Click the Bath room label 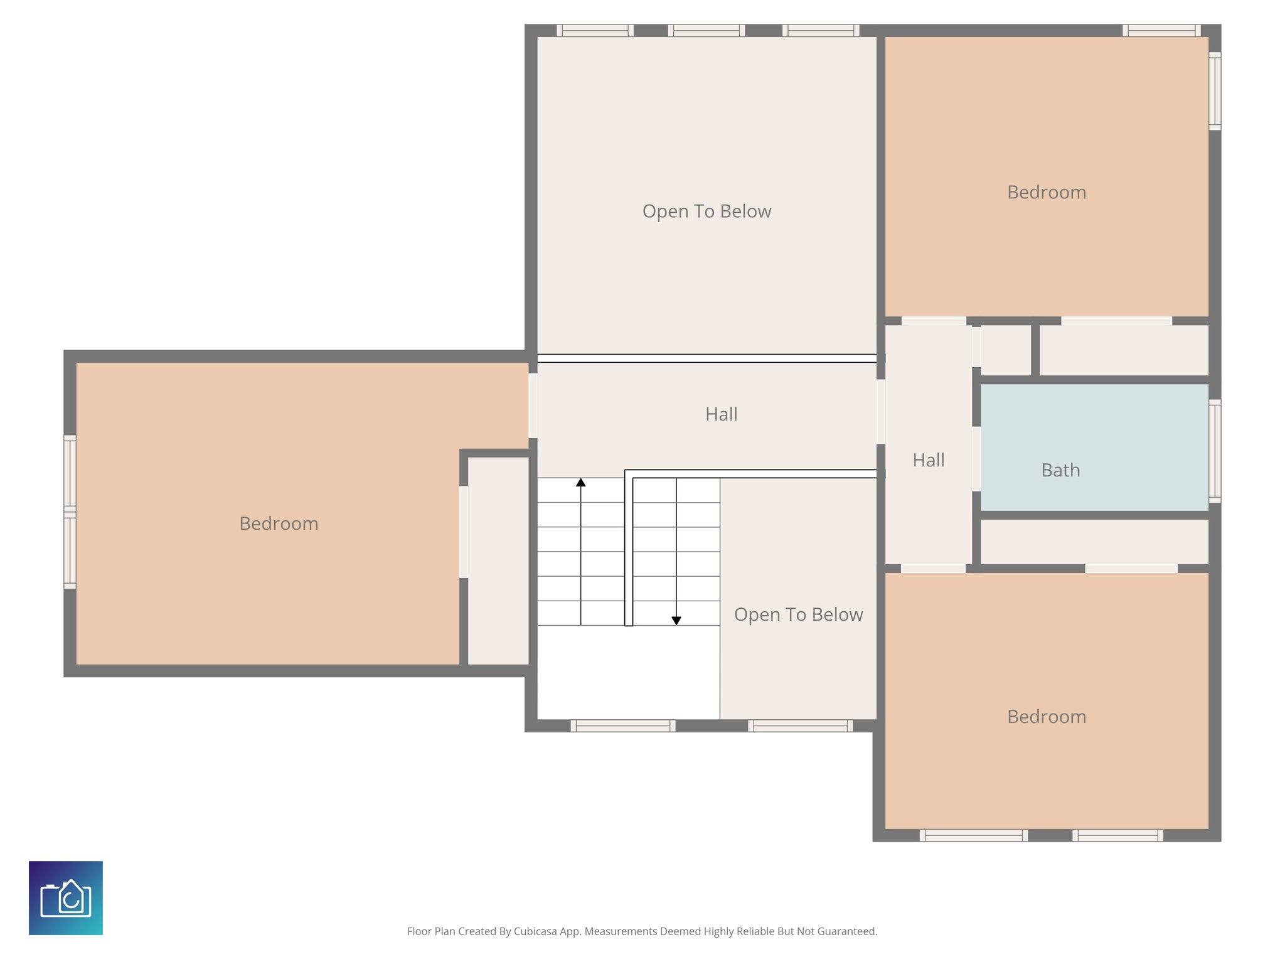[x=1060, y=470]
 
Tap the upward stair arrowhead [x=581, y=482]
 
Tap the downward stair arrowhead [x=676, y=621]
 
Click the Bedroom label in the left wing [x=279, y=523]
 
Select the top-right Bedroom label [x=1047, y=192]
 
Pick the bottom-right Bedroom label [x=1047, y=717]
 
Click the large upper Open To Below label [x=706, y=212]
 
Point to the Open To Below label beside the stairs [x=798, y=614]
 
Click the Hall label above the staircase [x=721, y=414]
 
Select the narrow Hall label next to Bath [x=928, y=460]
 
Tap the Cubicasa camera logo [x=66, y=897]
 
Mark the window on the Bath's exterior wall [x=1215, y=451]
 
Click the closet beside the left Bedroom [x=498, y=560]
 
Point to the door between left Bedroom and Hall [x=533, y=405]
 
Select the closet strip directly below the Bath [x=1094, y=542]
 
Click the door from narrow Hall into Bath [x=976, y=459]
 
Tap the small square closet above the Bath [x=1005, y=350]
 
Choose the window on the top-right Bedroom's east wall [x=1215, y=91]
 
